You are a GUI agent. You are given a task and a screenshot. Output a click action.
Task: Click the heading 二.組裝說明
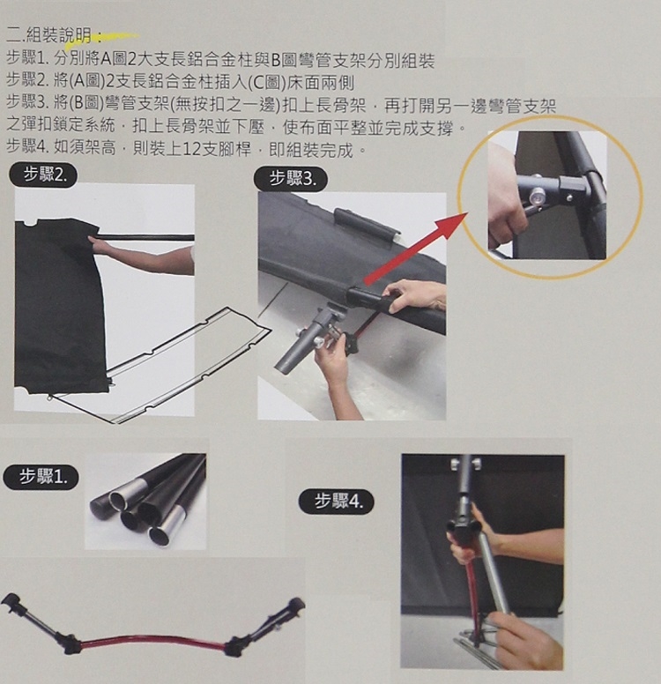pos(53,36)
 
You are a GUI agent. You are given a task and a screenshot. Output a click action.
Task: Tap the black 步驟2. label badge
pos(44,175)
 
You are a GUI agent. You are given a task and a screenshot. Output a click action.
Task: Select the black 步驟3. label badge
pos(291,179)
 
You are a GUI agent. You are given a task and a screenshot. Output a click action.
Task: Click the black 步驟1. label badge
pos(41,477)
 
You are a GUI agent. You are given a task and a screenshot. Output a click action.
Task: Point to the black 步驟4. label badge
pos(337,502)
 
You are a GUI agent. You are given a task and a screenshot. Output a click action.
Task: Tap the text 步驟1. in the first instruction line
pos(28,58)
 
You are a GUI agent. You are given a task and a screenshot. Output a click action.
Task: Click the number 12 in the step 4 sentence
pos(189,150)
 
